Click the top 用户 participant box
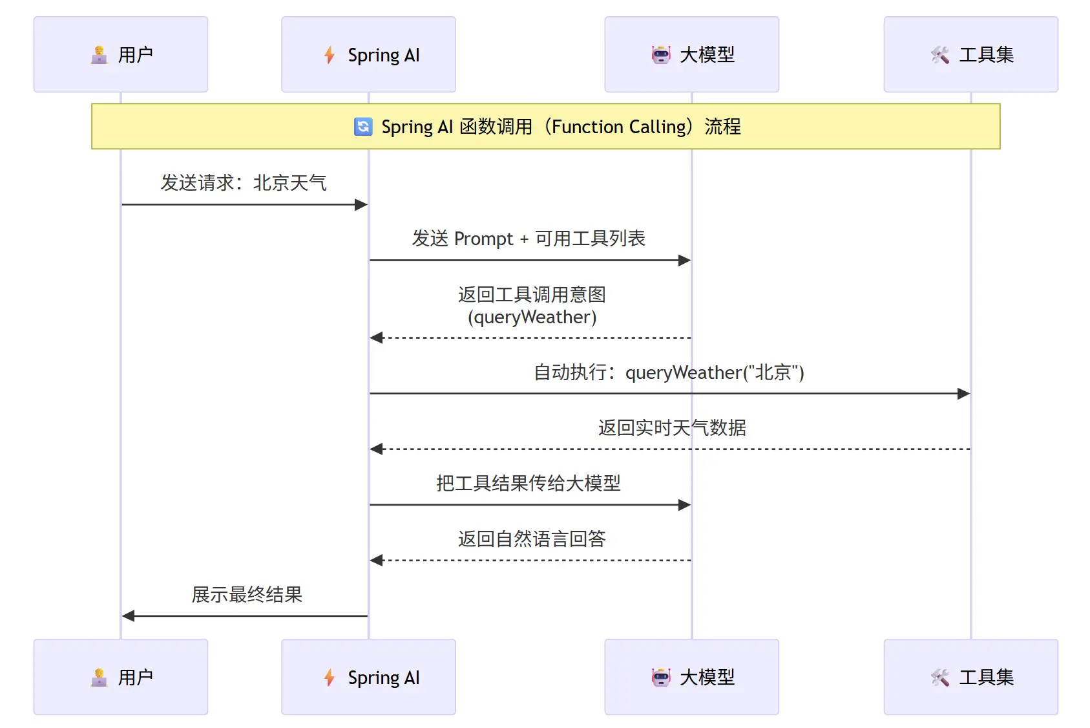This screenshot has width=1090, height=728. point(121,54)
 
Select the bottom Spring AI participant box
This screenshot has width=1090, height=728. point(368,677)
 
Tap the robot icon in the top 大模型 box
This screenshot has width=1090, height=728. point(661,55)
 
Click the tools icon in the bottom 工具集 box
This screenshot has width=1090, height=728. point(940,678)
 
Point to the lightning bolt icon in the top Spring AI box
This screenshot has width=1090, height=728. point(330,55)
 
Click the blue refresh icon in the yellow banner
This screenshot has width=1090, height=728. point(363,127)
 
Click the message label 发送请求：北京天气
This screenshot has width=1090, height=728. point(244,183)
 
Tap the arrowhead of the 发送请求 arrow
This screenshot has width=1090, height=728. point(362,205)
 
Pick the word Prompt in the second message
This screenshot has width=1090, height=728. point(483,239)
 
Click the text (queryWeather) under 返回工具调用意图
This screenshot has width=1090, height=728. point(532,317)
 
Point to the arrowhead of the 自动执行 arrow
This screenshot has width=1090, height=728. point(964,393)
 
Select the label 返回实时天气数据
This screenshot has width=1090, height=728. point(672,427)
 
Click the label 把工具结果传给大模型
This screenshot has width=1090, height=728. point(529,483)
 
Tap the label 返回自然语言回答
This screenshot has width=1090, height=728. point(532,539)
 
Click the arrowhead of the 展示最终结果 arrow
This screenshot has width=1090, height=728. point(128,616)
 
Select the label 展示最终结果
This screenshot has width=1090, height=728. point(247,594)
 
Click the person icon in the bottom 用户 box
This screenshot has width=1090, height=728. point(99,678)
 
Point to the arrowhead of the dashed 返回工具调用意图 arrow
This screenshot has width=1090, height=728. point(376,337)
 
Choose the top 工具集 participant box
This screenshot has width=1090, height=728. point(970,54)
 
